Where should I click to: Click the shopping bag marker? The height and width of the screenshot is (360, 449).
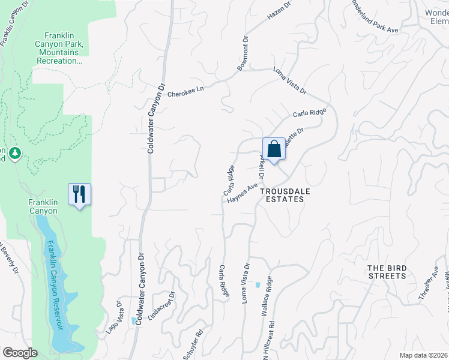274,149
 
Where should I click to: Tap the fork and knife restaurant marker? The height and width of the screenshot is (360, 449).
79,194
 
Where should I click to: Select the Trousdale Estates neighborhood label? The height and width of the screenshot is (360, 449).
282,194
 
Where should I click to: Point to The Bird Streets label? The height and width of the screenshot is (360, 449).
386,272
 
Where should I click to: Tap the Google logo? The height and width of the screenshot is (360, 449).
19,353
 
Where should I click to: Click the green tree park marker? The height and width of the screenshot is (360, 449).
16,154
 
